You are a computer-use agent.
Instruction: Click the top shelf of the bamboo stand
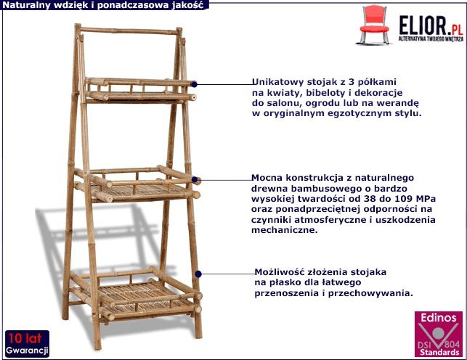[138, 89]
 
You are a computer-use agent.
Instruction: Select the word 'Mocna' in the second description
[267, 177]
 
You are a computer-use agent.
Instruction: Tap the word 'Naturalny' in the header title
[25, 4]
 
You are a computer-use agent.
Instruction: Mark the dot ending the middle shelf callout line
[199, 179]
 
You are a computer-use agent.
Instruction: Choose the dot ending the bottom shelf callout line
[199, 274]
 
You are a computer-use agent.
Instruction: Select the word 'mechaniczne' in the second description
[285, 230]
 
